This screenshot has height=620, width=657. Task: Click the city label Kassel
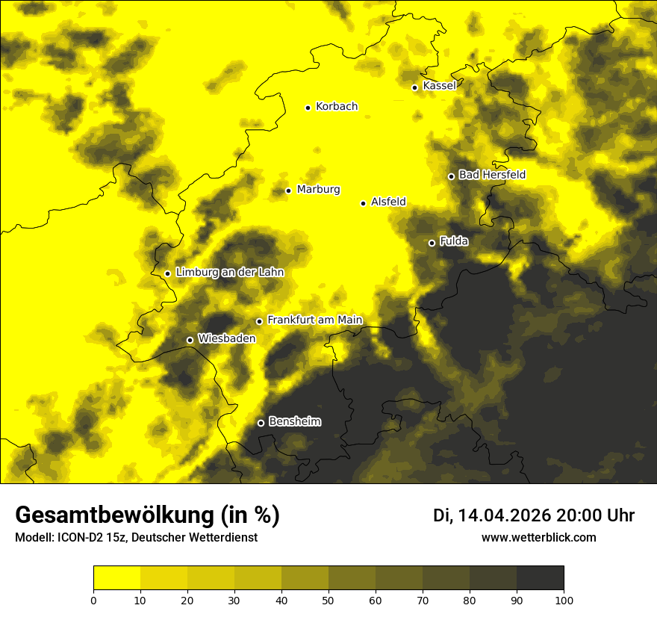click(x=439, y=86)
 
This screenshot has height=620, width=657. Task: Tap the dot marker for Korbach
click(x=308, y=108)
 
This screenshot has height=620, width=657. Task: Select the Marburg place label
click(x=318, y=190)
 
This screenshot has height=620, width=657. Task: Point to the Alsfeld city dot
click(x=364, y=203)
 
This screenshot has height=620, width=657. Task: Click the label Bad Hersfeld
click(x=492, y=175)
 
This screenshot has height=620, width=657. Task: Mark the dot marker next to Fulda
click(x=432, y=243)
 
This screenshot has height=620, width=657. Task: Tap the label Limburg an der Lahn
click(x=230, y=273)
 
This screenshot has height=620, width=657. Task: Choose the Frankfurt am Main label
click(x=314, y=320)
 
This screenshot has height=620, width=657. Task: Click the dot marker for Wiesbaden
click(x=190, y=340)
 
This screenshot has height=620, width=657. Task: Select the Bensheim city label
click(x=294, y=421)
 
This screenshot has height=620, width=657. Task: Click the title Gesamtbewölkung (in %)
click(x=147, y=515)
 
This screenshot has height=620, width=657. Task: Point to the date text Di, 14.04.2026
click(x=492, y=515)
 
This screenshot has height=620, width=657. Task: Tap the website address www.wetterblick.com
click(x=538, y=538)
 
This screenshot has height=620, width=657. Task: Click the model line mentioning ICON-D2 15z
click(x=136, y=538)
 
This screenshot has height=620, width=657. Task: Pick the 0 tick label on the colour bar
click(x=93, y=600)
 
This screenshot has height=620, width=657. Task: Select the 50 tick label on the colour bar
click(x=328, y=600)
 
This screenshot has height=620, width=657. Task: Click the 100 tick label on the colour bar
click(x=564, y=600)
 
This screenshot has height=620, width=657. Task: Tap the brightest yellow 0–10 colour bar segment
click(x=117, y=578)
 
